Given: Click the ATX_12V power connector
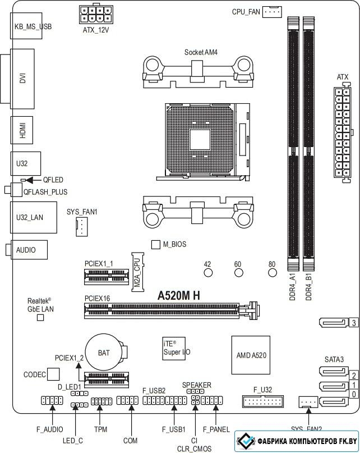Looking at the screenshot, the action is point(95,15).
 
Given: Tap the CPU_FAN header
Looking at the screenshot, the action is point(272,12).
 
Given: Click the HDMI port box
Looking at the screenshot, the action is point(22,130).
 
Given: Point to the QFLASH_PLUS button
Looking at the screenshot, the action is point(13,190).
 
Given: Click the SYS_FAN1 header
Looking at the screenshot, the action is point(82,227).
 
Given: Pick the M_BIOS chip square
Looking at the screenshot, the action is point(155,244).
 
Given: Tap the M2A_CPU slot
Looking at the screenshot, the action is point(137,272).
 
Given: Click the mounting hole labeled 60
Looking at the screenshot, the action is point(238,272).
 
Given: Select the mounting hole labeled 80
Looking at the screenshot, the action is point(272,272).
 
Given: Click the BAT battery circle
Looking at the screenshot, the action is point(104,352).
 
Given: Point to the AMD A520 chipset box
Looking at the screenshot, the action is point(251,355).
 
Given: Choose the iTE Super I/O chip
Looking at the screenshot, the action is point(174,349).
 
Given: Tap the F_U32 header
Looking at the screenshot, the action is point(263,401).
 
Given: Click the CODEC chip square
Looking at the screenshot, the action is point(53,374).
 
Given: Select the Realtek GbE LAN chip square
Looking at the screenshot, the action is point(40,317).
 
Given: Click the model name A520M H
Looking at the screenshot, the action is point(179,296).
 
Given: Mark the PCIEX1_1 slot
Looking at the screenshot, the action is point(107,277).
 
